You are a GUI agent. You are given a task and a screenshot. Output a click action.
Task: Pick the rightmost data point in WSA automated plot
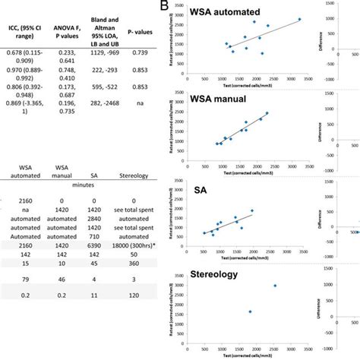[298, 20]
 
